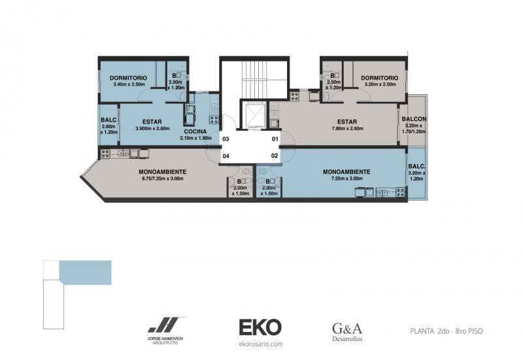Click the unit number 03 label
click(x=226, y=139)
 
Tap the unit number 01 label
click(x=275, y=139)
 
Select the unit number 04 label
click(x=226, y=156)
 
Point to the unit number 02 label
click(x=275, y=155)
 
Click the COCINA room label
click(x=195, y=131)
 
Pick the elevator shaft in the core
click(x=254, y=114)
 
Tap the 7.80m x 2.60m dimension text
click(x=347, y=128)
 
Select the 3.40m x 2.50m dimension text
click(x=129, y=84)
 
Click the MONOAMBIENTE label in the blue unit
click(x=346, y=172)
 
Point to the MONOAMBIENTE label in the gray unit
click(x=162, y=172)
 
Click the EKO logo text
click(x=260, y=327)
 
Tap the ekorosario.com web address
click(x=260, y=344)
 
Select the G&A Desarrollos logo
click(x=347, y=332)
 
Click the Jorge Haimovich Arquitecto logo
click(x=166, y=330)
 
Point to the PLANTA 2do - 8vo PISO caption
click(x=447, y=331)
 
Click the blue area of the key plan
click(x=86, y=272)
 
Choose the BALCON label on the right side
click(x=414, y=119)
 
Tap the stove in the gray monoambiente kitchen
click(x=105, y=154)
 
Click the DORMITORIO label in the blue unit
click(x=128, y=78)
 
